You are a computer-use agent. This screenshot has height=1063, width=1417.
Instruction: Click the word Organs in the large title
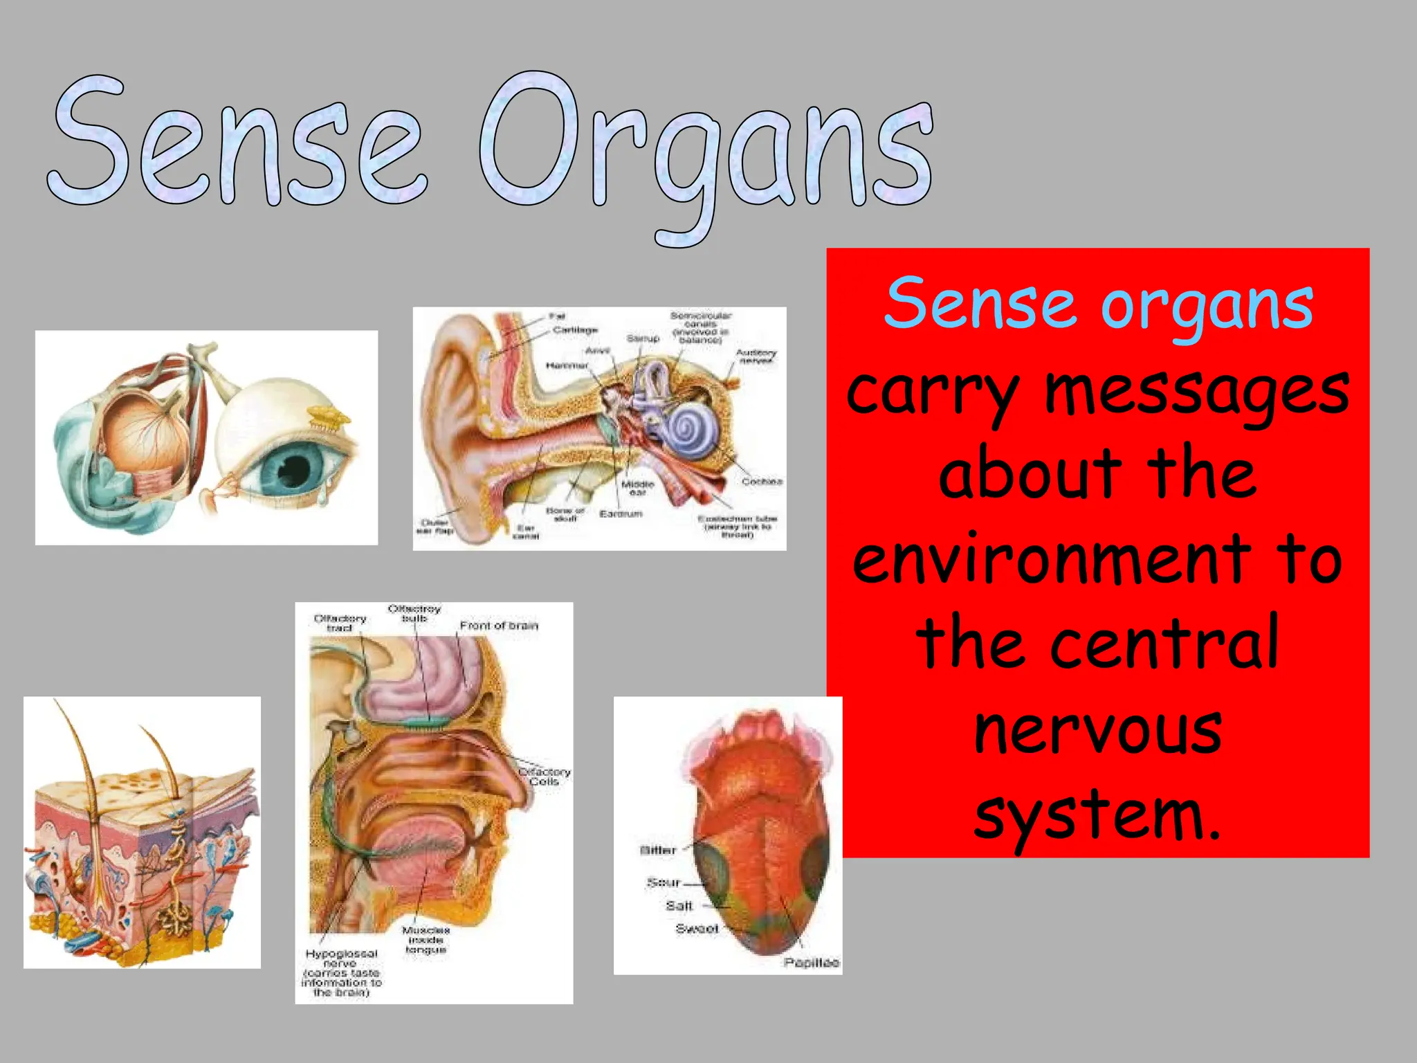(x=706, y=152)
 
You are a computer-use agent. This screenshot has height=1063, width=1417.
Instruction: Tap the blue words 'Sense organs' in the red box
(x=1098, y=305)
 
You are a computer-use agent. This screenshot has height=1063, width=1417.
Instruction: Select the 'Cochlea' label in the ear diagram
(x=762, y=481)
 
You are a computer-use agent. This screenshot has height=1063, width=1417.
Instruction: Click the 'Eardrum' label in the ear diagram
(x=621, y=514)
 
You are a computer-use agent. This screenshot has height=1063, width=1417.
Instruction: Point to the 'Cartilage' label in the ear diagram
(x=575, y=330)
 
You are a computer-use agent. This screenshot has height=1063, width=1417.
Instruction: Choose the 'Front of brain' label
(x=499, y=626)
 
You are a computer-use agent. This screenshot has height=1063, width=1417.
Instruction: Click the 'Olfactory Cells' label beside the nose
(x=545, y=776)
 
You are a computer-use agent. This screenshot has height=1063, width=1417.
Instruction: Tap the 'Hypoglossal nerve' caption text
(x=341, y=958)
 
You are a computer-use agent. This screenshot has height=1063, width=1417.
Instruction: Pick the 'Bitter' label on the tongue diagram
(x=658, y=850)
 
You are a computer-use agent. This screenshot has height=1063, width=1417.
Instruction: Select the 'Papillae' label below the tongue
(x=811, y=963)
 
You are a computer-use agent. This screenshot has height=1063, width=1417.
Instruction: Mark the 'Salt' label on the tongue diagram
(x=679, y=905)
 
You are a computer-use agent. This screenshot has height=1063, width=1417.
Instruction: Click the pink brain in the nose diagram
(x=429, y=685)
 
